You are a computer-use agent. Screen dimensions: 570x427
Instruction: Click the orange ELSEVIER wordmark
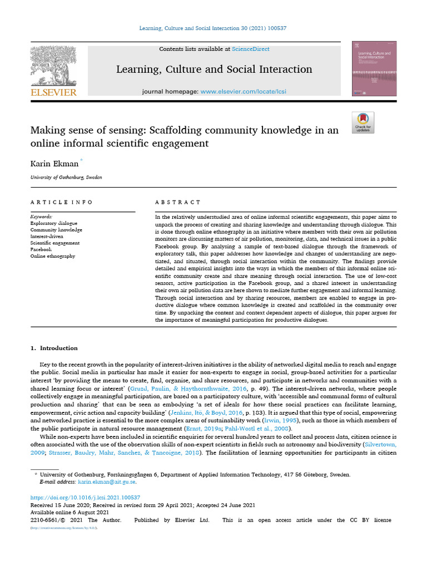pyautogui.click(x=53, y=92)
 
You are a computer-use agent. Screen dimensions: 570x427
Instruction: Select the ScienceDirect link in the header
pyautogui.click(x=251, y=50)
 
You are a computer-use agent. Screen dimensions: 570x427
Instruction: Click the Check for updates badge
pyautogui.click(x=363, y=122)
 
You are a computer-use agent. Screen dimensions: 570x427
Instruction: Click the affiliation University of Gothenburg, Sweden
pyautogui.click(x=66, y=177)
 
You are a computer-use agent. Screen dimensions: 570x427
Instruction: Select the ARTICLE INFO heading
pyautogui.click(x=62, y=202)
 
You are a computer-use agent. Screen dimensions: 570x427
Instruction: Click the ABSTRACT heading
pyautogui.click(x=178, y=202)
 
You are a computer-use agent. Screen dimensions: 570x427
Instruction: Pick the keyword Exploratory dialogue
pyautogui.click(x=54, y=223)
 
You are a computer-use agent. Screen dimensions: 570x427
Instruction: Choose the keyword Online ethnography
pyautogui.click(x=53, y=256)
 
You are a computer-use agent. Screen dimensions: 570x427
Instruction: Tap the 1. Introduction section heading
pyautogui.click(x=54, y=348)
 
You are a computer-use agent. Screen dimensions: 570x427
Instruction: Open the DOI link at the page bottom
pyautogui.click(x=85, y=497)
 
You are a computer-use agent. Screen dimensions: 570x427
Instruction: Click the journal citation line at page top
pyautogui.click(x=213, y=28)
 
